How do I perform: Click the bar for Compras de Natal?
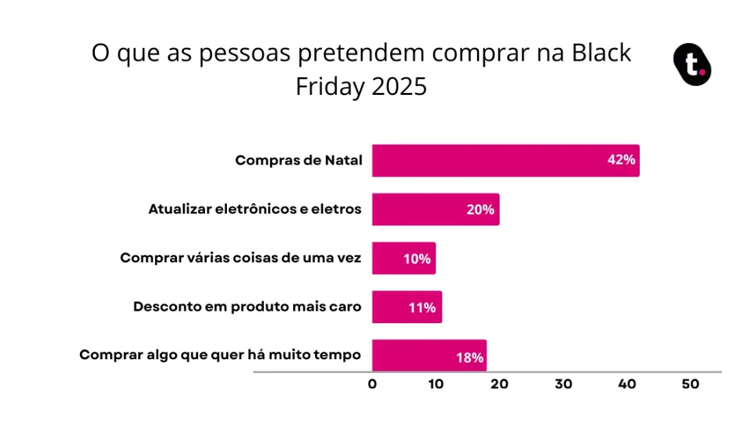(506, 161)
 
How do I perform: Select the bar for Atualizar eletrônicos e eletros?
(435, 209)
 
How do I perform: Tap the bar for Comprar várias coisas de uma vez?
(403, 258)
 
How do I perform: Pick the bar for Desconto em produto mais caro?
(407, 307)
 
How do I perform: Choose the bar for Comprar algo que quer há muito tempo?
(429, 356)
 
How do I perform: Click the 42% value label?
(621, 161)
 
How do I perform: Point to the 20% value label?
(480, 210)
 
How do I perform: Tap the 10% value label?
(417, 259)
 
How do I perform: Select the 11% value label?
(422, 307)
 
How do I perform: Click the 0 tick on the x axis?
(372, 385)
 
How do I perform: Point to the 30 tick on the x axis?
(563, 385)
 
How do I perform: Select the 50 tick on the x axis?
(690, 385)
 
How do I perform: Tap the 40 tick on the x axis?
(627, 385)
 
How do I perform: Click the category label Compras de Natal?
(298, 161)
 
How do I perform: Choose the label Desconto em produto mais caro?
(247, 307)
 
